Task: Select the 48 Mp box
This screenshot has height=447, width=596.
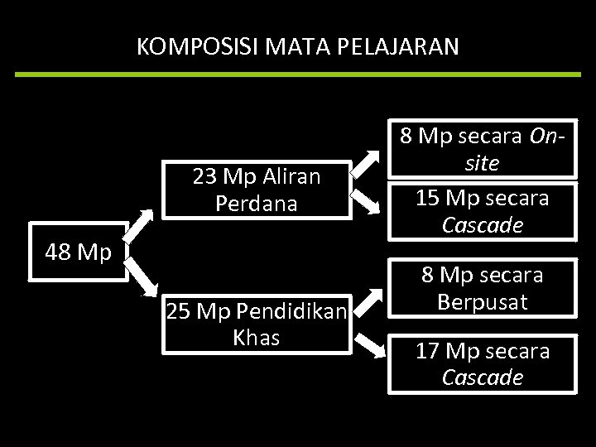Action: tap(78, 252)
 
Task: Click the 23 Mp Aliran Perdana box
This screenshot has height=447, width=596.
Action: tap(256, 190)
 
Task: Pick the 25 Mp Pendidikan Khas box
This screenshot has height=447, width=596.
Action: tap(257, 324)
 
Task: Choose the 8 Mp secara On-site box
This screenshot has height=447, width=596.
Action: tap(483, 150)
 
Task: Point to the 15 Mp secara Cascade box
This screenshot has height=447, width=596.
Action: tap(483, 211)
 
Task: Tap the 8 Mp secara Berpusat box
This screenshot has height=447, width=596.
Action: tap(483, 288)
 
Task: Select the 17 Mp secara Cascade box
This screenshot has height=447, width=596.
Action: tap(483, 364)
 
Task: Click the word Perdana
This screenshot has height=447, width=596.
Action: tap(256, 204)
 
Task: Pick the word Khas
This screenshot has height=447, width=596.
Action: tap(257, 338)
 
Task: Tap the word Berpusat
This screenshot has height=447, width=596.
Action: tap(483, 302)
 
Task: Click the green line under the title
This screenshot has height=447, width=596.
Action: tap(298, 74)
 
